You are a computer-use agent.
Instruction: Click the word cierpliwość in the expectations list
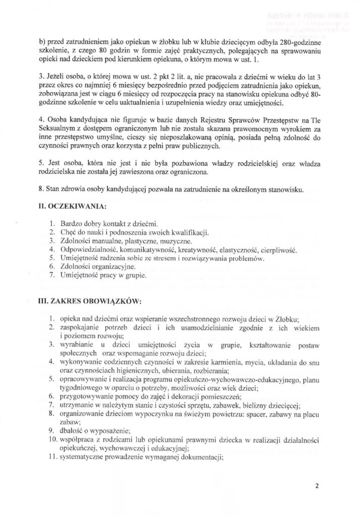point(279,250)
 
